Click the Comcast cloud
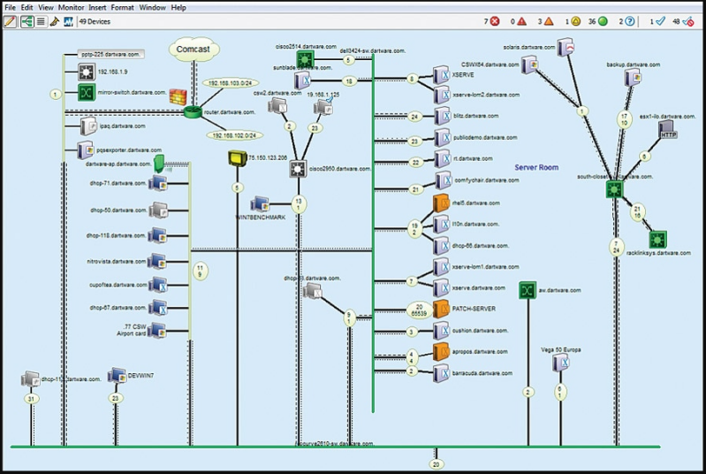192,50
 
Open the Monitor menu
72,7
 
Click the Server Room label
537,167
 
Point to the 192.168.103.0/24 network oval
231,83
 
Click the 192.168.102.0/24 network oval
232,135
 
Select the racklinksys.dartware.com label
658,253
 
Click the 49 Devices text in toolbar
95,20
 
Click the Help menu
178,7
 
